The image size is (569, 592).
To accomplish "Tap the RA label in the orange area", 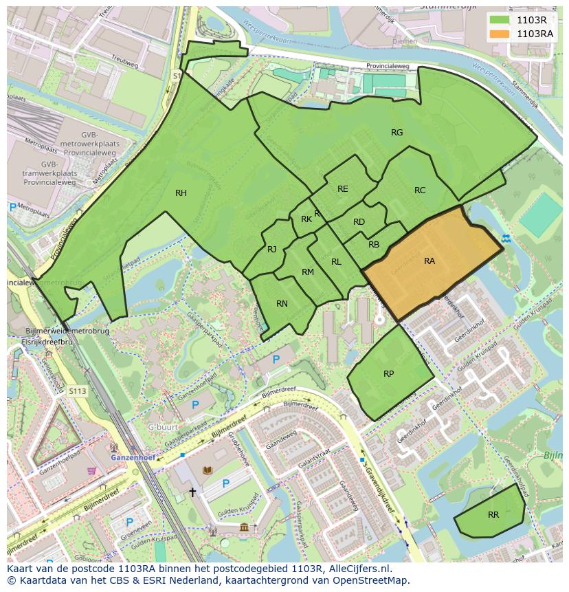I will pos(429,261).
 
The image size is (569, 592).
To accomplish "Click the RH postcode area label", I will pos(181,193).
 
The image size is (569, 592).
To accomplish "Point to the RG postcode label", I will pos(397,133).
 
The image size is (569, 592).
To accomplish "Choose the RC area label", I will pos(420,190).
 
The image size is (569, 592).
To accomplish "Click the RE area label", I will pos(342,189).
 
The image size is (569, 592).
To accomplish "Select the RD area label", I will pos(359,222).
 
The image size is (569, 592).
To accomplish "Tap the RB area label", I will pos(374,244).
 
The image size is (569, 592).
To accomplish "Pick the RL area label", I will pos(336,262).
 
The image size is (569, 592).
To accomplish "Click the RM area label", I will pos(307,272).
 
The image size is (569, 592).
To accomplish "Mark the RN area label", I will pos(282,304).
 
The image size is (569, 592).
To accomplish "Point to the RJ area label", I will pos(272,250).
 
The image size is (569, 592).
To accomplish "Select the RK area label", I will pos(306,220).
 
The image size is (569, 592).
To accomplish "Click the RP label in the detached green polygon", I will pos(388,374).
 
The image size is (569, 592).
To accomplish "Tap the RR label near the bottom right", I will pos(493,514).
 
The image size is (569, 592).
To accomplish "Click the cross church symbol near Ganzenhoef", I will pos(193,492).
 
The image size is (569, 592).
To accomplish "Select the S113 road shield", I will pos(78,391).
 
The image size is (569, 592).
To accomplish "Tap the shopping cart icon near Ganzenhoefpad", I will pos(91,470).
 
